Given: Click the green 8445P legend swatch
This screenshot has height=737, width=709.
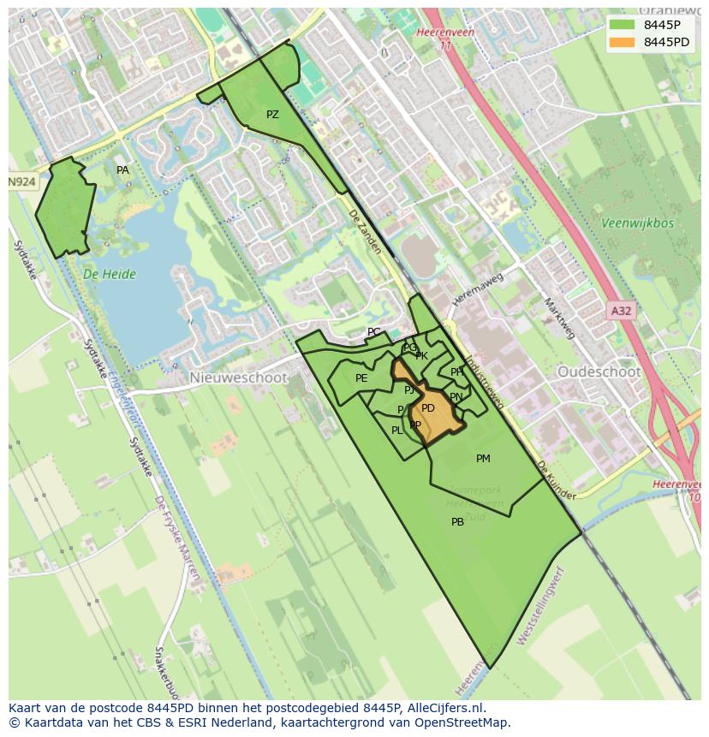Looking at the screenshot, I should (x=623, y=25).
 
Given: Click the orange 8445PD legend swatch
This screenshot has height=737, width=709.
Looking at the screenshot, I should (x=623, y=42).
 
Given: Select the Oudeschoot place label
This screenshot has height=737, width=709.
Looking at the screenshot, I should (x=599, y=372).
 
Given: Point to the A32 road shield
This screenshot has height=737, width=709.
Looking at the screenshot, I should (x=621, y=311).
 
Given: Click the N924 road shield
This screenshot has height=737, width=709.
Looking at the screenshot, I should (x=22, y=182).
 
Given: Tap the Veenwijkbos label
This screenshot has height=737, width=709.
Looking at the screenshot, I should (x=637, y=223).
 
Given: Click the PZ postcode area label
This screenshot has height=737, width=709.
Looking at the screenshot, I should (x=272, y=115).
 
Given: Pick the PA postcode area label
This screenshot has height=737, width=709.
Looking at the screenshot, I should (x=122, y=170).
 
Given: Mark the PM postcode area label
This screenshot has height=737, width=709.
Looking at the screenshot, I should (x=483, y=459).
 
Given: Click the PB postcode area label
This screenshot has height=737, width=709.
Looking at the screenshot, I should (x=457, y=522).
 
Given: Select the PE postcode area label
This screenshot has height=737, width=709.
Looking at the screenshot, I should (x=361, y=378).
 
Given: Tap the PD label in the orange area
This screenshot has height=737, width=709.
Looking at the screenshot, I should (x=428, y=408).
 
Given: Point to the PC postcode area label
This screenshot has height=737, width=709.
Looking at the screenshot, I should (x=373, y=332).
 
